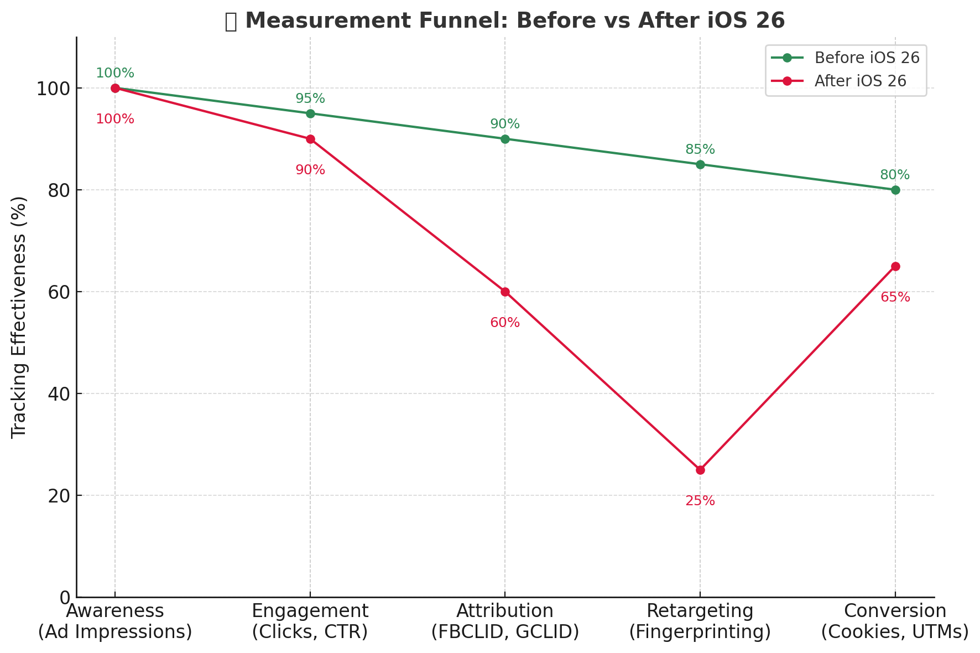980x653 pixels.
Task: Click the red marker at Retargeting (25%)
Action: click(x=700, y=470)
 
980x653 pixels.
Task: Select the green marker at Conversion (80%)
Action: click(x=895, y=190)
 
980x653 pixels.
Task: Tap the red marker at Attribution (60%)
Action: click(x=505, y=292)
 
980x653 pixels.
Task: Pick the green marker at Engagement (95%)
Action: click(x=310, y=113)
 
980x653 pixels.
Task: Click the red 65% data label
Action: click(x=895, y=298)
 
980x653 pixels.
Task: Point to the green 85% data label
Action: click(x=700, y=149)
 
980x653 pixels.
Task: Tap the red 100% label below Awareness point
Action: click(x=115, y=119)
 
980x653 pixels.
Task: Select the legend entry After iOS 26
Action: click(x=860, y=81)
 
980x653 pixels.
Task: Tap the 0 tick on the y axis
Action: click(x=65, y=598)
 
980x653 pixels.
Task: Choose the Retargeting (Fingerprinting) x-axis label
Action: click(x=700, y=621)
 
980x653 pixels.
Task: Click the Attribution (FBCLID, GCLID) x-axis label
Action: click(x=505, y=621)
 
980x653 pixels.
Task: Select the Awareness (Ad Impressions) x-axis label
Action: click(x=115, y=621)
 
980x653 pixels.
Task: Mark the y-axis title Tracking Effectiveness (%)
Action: click(x=19, y=317)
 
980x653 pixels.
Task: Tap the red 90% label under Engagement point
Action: click(x=310, y=170)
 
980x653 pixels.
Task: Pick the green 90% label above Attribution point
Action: click(x=505, y=125)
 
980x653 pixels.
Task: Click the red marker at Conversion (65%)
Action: click(x=895, y=266)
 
